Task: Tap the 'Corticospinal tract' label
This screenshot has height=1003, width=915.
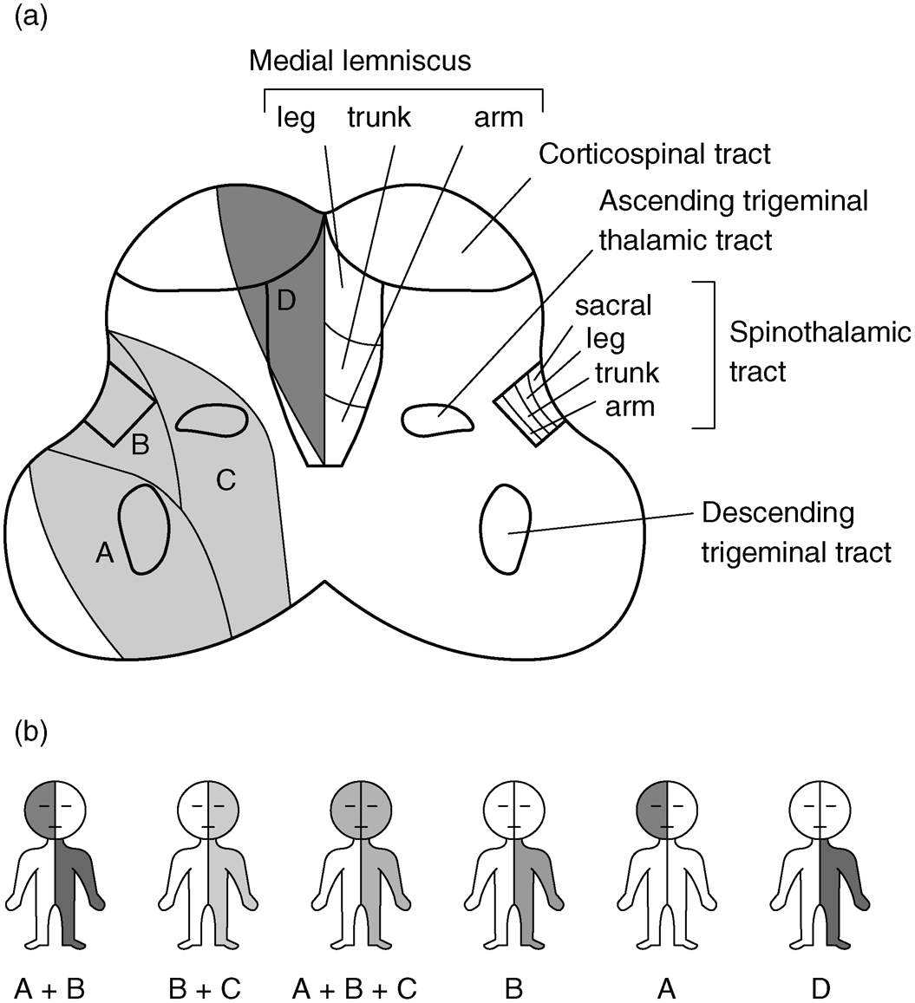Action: pyautogui.click(x=655, y=154)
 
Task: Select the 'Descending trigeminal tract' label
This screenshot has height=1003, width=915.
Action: pyautogui.click(x=796, y=532)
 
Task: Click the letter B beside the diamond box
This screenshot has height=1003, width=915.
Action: pyautogui.click(x=141, y=446)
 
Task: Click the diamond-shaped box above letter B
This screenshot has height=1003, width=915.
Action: pyautogui.click(x=120, y=403)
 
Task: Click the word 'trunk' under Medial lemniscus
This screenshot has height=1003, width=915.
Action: pyautogui.click(x=380, y=118)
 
